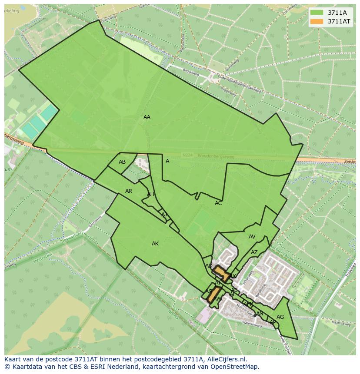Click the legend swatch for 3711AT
(317, 21)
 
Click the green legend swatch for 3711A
(317, 13)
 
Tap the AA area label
(147, 117)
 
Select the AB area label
(122, 162)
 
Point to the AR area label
(129, 191)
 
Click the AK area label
(155, 244)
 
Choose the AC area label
(218, 203)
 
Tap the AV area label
(252, 237)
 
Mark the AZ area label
(254, 252)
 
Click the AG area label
(280, 317)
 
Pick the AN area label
(260, 314)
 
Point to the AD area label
(209, 266)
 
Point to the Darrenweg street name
(231, 65)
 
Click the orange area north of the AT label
(221, 273)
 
